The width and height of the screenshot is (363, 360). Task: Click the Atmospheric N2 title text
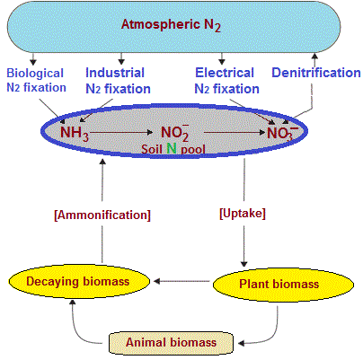tap(171, 25)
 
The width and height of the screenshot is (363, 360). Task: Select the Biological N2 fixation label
tap(36, 80)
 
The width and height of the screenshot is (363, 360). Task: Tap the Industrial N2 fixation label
tap(118, 81)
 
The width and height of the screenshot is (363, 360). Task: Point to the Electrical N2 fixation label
tap(226, 81)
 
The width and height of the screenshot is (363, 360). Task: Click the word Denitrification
tap(316, 73)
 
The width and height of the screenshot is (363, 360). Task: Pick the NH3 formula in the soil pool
tap(75, 133)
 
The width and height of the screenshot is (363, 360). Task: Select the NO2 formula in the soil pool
tap(175, 133)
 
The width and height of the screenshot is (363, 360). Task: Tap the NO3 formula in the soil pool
tap(282, 133)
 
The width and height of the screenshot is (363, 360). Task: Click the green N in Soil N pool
tap(172, 148)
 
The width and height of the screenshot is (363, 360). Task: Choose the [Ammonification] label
tap(102, 215)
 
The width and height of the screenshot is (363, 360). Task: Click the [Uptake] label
tap(243, 214)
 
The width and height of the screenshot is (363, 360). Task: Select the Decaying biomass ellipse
tap(79, 281)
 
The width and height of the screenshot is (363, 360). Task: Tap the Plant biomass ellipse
tap(283, 285)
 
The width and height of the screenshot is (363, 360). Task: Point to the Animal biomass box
tap(171, 342)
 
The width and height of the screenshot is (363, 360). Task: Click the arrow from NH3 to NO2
tap(121, 132)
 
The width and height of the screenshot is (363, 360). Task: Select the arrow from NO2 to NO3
tap(235, 132)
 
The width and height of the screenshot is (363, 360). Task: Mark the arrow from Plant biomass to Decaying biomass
tap(181, 281)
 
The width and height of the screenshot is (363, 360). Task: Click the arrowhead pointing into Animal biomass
tap(242, 343)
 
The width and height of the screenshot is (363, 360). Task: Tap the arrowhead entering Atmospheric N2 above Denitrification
tap(314, 56)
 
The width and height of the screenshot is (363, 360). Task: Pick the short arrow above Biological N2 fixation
tap(33, 58)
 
